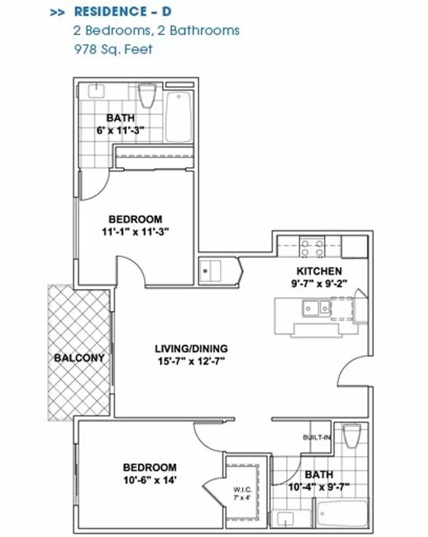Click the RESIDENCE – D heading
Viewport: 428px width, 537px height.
(123, 11)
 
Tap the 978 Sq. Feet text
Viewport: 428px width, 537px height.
(113, 49)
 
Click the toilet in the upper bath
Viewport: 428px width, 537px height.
(147, 96)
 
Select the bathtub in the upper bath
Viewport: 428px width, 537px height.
(178, 117)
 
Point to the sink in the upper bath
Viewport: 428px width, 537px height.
(96, 91)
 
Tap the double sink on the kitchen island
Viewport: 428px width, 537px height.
(317, 308)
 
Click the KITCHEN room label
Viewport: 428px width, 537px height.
(319, 271)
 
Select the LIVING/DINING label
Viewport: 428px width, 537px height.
(191, 349)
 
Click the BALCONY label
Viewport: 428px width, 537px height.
(79, 358)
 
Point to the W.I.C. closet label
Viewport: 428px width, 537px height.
(242, 489)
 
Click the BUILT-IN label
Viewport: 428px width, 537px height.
(317, 438)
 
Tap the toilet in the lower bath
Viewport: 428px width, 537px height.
(352, 436)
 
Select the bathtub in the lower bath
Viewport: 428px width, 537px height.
(342, 514)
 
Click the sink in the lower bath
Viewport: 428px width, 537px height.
(285, 519)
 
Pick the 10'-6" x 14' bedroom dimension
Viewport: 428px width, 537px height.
(150, 480)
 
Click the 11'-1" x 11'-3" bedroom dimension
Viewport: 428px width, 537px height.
(135, 232)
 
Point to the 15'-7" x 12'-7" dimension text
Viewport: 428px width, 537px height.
(191, 361)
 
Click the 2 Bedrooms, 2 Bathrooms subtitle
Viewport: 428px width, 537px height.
(156, 30)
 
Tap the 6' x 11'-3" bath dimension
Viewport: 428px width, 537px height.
(120, 130)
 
